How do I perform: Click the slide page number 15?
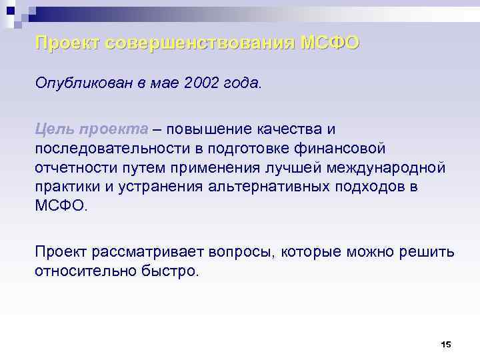coord(446,344)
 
